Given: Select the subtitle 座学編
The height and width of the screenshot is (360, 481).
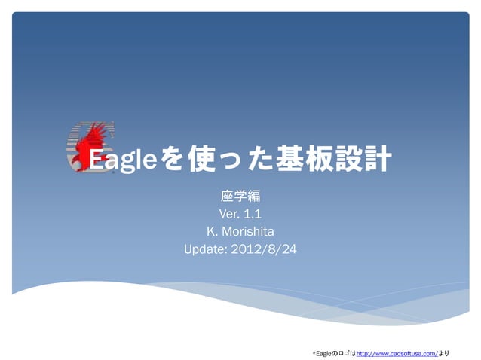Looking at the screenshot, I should click(240, 197).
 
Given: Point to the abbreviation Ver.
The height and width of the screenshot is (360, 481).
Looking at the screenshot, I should click(228, 214).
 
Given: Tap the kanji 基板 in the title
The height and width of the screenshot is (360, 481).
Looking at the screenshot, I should click(302, 160).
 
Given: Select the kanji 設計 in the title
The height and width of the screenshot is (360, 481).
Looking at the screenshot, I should click(363, 160).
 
